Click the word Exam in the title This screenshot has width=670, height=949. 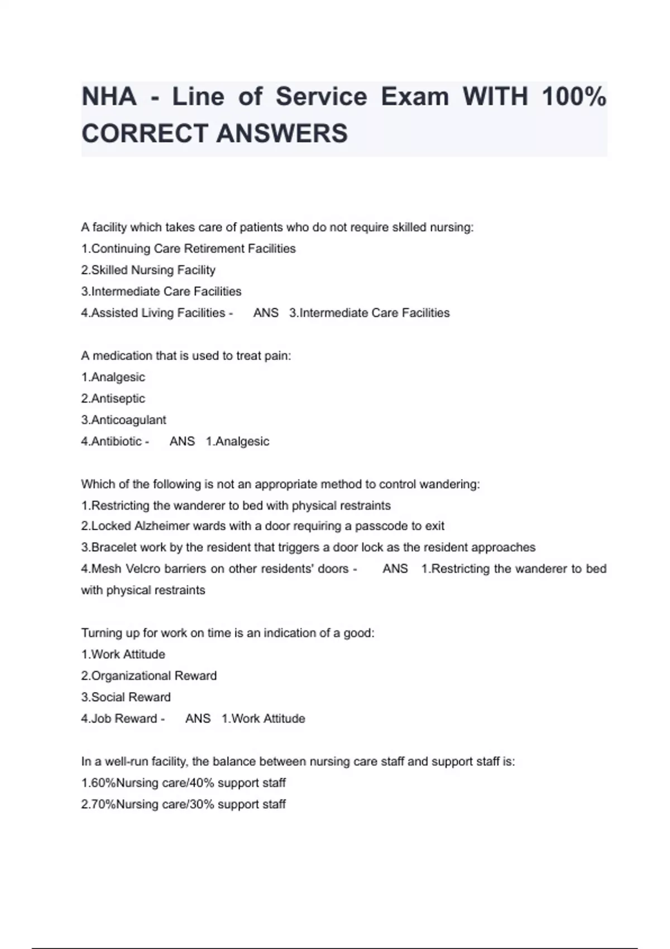click(x=415, y=97)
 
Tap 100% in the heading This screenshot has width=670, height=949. click(x=574, y=97)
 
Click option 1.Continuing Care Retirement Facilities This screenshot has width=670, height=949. click(x=188, y=249)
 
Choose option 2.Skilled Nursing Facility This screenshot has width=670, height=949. click(x=148, y=270)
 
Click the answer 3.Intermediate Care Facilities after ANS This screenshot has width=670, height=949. click(x=369, y=313)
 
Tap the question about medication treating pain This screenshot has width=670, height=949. click(x=186, y=356)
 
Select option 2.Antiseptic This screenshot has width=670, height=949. click(x=113, y=399)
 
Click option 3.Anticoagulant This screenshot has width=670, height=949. click(x=123, y=420)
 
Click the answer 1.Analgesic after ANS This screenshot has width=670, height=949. click(x=237, y=442)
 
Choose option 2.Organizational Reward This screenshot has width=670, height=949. click(x=149, y=676)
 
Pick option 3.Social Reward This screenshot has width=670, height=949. click(x=126, y=697)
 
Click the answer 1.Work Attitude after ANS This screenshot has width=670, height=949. click(x=263, y=719)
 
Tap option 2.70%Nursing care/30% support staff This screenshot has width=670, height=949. click(x=183, y=804)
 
